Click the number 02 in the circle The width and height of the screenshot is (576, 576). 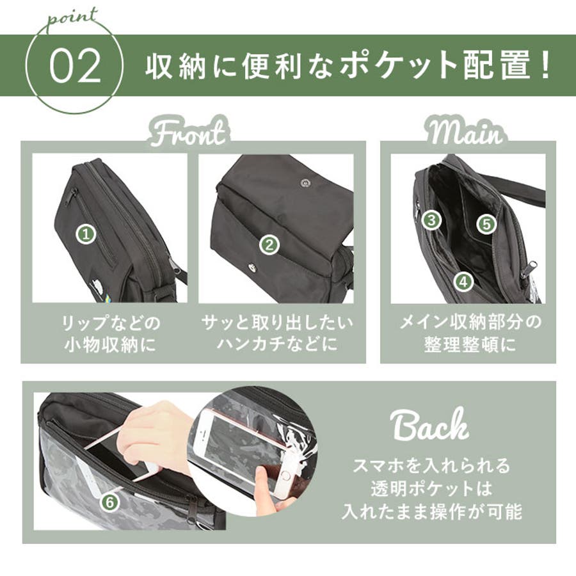(76, 66)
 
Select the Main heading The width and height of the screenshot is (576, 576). (466, 132)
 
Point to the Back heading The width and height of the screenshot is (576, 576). (431, 425)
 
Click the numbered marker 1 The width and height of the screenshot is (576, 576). (86, 234)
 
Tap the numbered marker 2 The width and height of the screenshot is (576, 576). (269, 245)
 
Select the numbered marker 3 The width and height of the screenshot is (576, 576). (431, 220)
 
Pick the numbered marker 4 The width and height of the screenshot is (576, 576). (463, 282)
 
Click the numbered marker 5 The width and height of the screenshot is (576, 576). (486, 224)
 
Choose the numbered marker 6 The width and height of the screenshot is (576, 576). (111, 502)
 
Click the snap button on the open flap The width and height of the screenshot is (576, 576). (305, 182)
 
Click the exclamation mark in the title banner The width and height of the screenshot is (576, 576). (546, 66)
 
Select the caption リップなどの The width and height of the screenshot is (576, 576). (111, 323)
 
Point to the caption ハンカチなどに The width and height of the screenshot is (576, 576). (277, 344)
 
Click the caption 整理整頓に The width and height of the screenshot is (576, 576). (470, 344)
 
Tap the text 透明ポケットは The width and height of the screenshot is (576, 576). (431, 488)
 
